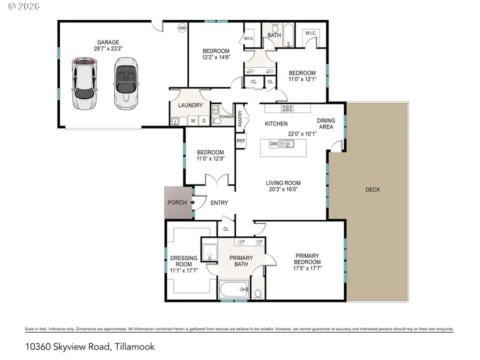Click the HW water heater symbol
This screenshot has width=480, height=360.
[182, 28]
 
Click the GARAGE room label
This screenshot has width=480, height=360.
[108, 42]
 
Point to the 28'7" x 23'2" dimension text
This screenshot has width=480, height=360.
[108, 49]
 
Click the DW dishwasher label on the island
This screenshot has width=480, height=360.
[274, 143]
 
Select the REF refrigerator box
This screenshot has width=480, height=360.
[241, 141]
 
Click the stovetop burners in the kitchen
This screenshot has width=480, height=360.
[287, 108]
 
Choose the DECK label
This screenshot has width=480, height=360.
[373, 189]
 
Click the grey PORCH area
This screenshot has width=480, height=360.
[177, 203]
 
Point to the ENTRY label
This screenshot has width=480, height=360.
[219, 203]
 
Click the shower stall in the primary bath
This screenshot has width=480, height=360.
[210, 251]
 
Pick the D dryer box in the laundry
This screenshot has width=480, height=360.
[203, 121]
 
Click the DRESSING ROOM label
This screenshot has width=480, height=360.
[183, 261]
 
